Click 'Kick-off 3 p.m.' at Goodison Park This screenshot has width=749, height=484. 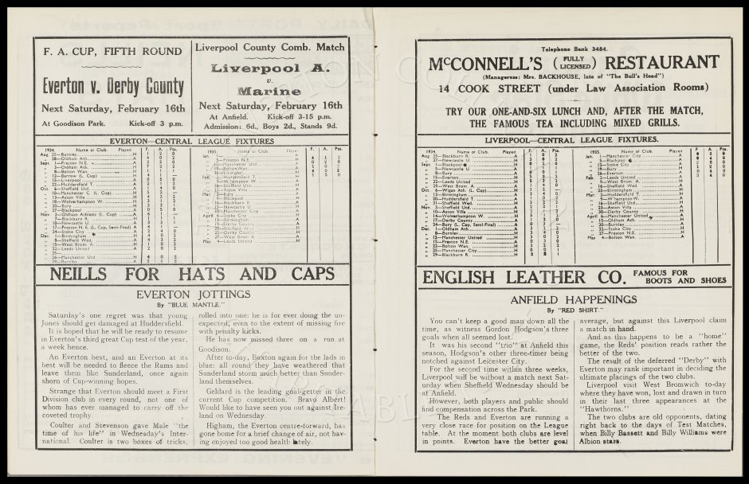[147, 123]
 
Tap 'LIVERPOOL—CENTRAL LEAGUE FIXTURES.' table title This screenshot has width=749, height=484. [567, 139]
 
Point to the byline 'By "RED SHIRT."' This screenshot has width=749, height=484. [567, 310]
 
